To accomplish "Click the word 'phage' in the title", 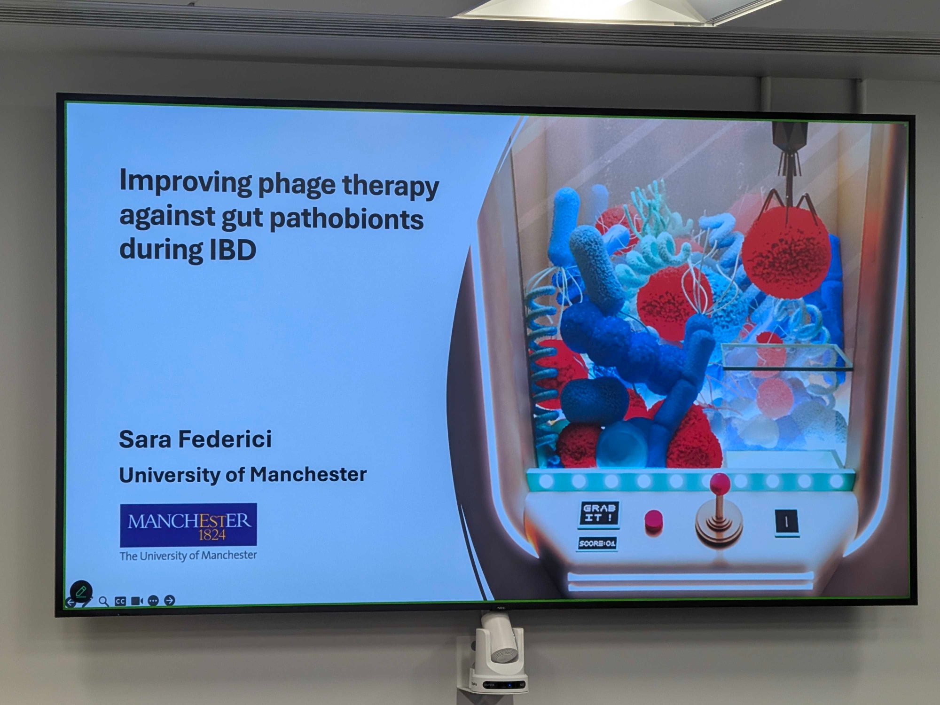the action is [297, 184].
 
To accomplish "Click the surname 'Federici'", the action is [225, 439].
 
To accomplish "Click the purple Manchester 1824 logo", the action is [188, 525].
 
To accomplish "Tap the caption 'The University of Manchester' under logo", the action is [188, 556].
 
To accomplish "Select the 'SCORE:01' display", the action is [597, 543].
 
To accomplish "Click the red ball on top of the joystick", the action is [720, 483].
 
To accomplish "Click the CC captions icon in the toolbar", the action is [120, 601].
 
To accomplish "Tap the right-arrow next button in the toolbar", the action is [170, 600].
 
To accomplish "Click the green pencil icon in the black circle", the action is [81, 591].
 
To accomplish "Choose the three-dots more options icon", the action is [153, 601].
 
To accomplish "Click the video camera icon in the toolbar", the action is [137, 601].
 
